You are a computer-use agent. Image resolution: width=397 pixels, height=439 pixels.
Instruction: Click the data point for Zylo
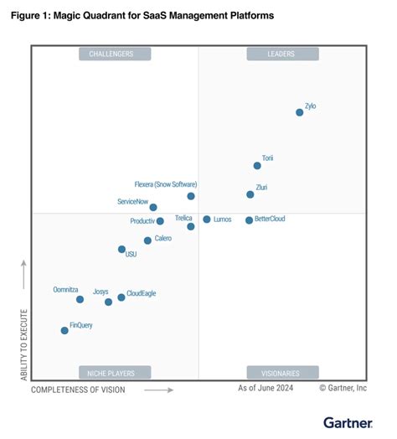[299, 112]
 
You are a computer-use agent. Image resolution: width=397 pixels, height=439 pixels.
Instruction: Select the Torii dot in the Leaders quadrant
[257, 165]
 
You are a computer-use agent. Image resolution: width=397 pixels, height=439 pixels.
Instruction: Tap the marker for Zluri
[250, 194]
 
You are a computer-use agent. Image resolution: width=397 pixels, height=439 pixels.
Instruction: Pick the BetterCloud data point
[249, 220]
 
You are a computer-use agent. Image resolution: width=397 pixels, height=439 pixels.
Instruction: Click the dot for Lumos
[207, 219]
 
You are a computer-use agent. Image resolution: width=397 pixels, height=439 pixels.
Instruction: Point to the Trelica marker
[191, 226]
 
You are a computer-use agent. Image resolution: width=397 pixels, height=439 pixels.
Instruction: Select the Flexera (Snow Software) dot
[191, 196]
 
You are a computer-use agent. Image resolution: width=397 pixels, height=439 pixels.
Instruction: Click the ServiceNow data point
[153, 207]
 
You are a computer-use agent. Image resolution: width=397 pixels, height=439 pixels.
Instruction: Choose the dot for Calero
[147, 240]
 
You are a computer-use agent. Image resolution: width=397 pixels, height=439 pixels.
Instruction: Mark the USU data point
[121, 250]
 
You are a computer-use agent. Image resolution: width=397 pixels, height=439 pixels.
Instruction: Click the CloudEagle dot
[121, 297]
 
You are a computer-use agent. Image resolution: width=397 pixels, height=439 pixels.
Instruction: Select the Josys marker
[108, 302]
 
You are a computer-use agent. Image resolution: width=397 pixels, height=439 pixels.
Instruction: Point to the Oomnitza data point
[80, 299]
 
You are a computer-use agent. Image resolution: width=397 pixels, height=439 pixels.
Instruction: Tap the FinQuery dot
[64, 330]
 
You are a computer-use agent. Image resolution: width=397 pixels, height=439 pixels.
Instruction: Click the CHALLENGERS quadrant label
[116, 54]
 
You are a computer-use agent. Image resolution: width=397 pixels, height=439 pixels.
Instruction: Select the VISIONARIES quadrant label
[282, 372]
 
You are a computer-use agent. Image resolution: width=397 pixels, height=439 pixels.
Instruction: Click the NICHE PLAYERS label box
[116, 372]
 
